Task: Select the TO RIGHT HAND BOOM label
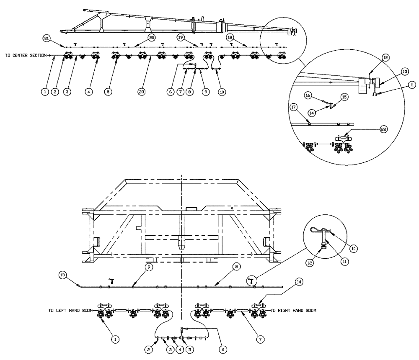click(x=293, y=311)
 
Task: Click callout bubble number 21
click(x=47, y=38)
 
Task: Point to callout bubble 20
click(x=152, y=38)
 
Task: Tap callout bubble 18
click(x=230, y=38)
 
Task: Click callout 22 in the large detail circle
click(x=384, y=129)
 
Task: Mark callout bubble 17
click(x=294, y=107)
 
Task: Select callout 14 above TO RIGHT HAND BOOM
click(x=298, y=283)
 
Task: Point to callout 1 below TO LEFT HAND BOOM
click(x=114, y=339)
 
